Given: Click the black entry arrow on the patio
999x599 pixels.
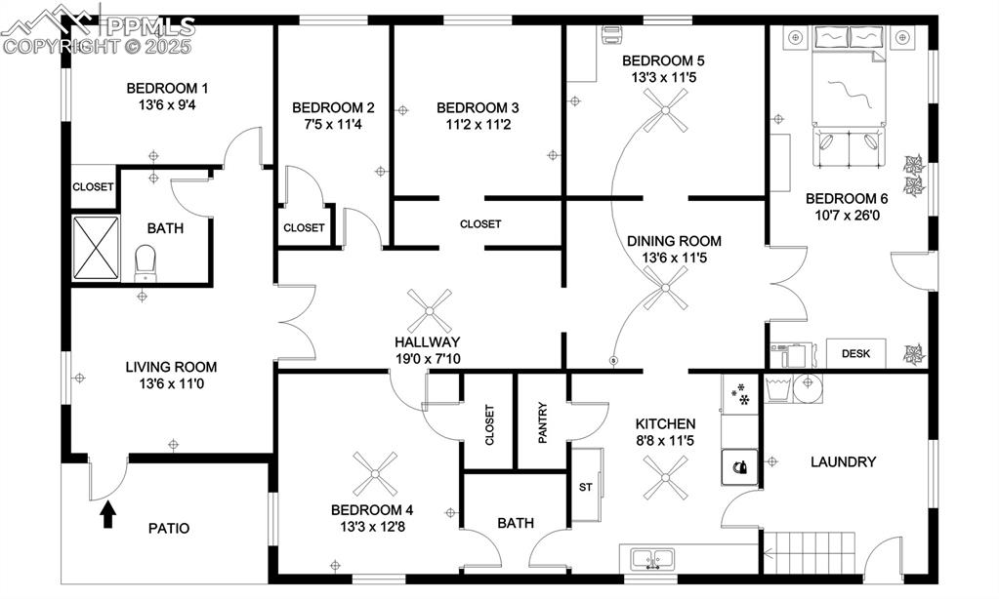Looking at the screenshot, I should pos(108,514).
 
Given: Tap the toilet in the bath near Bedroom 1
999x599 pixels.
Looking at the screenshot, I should pos(146,260).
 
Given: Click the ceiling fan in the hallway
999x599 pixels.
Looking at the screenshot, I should pos(430,311).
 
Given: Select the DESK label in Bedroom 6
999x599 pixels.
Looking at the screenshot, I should pos(856,354).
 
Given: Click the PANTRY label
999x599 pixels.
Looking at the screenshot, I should pos(542,422).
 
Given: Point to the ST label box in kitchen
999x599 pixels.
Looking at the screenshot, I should pos(586,487).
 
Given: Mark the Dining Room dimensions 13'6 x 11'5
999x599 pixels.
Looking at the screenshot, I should pos(674,259).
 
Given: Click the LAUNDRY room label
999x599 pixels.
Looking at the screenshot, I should pos(843,461).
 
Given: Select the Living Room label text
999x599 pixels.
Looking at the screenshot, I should pos(171,367).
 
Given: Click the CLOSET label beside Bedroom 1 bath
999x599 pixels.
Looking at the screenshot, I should pos(93,187).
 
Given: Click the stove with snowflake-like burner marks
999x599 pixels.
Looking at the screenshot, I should pos(741,395).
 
